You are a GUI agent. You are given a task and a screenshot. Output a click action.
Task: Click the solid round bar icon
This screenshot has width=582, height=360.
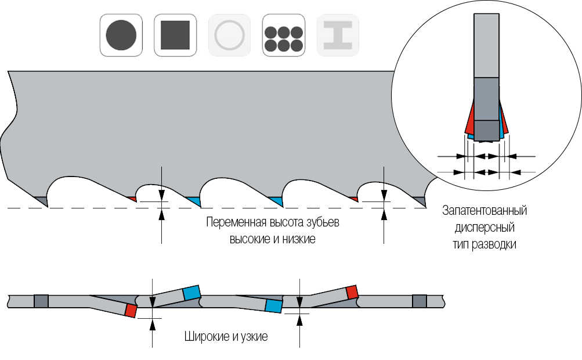[x=121, y=35]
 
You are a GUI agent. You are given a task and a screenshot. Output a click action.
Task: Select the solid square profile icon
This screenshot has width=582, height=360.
[x=175, y=35]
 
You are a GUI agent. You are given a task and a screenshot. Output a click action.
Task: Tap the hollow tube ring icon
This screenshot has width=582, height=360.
[x=229, y=35]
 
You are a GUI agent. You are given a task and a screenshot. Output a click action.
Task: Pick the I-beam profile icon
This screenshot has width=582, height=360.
[x=338, y=35]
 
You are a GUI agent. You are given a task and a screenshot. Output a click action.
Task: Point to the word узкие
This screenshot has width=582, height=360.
[x=255, y=337]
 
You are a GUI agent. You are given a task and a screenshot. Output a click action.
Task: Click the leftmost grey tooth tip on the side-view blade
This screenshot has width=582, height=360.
[x=41, y=200]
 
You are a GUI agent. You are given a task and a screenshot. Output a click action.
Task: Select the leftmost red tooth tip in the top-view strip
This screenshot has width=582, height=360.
[x=131, y=310]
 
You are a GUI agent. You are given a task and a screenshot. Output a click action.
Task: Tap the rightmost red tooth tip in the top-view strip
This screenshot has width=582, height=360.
[x=351, y=291]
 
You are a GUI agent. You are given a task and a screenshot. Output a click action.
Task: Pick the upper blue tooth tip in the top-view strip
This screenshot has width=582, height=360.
[x=191, y=293]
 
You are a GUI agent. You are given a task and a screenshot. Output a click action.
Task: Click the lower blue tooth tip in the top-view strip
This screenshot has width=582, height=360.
[x=273, y=305]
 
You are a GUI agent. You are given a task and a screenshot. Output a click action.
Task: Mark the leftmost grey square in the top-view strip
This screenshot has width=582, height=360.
[x=41, y=301]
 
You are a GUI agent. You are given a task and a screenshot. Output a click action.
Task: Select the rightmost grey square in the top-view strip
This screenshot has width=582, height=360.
[x=419, y=301]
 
